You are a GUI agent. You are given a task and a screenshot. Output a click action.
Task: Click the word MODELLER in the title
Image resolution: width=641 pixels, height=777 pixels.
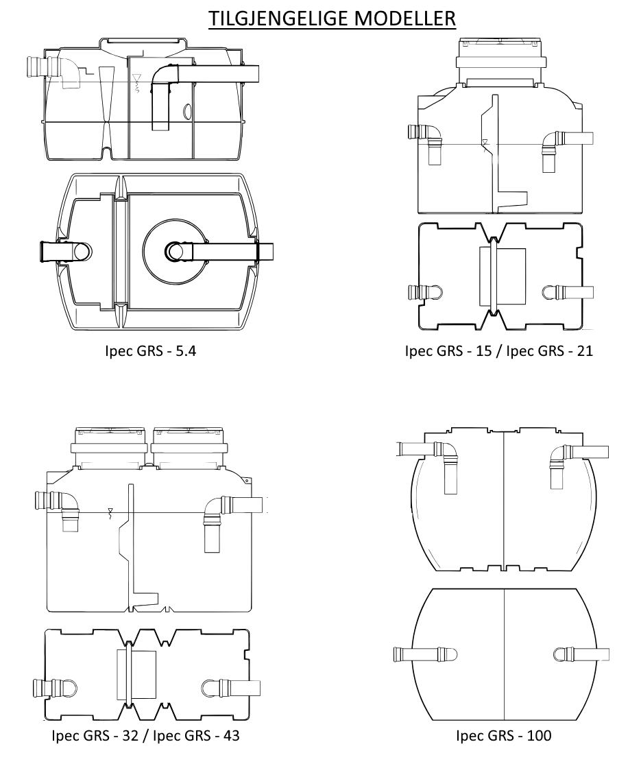[405, 18]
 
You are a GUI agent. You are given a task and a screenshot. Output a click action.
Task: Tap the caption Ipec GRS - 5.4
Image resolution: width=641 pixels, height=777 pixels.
[151, 351]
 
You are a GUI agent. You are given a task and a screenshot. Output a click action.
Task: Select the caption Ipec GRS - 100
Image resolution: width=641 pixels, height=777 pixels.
[503, 735]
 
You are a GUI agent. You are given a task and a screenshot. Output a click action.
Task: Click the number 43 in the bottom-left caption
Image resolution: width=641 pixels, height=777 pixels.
[231, 735]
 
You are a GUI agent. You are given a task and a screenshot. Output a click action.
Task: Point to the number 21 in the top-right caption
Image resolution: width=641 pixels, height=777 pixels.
[585, 351]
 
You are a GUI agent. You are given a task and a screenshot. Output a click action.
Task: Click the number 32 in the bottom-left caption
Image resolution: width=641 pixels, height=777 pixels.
[130, 735]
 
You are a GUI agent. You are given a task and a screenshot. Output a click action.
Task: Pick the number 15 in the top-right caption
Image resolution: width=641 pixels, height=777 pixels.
[483, 351]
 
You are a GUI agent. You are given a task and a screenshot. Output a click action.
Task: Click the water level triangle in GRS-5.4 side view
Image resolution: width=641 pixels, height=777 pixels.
[137, 78]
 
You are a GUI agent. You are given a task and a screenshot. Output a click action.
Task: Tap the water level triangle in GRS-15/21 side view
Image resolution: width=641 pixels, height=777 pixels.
[485, 142]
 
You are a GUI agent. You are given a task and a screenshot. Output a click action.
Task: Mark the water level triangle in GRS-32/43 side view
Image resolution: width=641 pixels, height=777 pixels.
[110, 510]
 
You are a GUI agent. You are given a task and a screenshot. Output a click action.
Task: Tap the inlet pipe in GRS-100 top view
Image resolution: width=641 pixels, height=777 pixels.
[424, 655]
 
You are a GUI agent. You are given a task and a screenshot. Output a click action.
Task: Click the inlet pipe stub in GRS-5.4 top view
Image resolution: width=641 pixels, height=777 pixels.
[65, 251]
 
